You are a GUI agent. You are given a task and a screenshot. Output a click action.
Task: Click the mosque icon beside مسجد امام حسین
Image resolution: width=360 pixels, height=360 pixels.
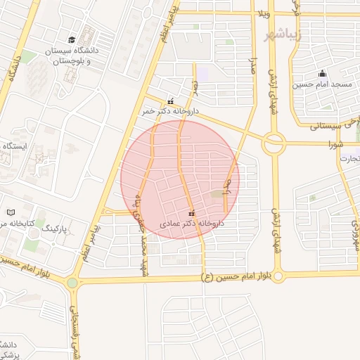(x=322, y=74)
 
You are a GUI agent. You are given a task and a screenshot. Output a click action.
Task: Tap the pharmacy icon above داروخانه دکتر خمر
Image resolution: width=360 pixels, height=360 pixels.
(x=170, y=101)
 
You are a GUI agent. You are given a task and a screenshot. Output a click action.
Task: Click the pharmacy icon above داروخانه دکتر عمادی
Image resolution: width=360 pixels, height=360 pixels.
(x=192, y=213)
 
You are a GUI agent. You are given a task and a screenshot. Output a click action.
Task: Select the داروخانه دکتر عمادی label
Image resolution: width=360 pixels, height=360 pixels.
(x=191, y=223)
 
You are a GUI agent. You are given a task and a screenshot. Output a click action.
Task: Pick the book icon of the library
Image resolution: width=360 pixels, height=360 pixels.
(x=10, y=212)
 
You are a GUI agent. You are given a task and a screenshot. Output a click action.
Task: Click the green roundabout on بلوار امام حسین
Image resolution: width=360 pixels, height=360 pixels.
(x=72, y=283)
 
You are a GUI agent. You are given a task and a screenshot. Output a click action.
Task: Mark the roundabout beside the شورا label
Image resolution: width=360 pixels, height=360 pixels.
(x=274, y=144)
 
